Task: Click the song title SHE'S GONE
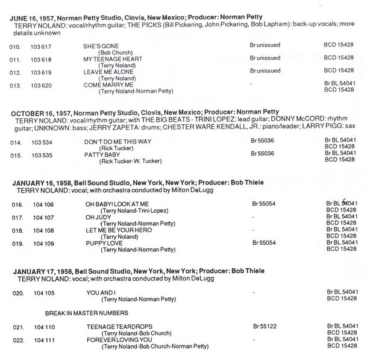click(x=101, y=46)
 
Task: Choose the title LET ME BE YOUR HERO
click(x=118, y=230)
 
